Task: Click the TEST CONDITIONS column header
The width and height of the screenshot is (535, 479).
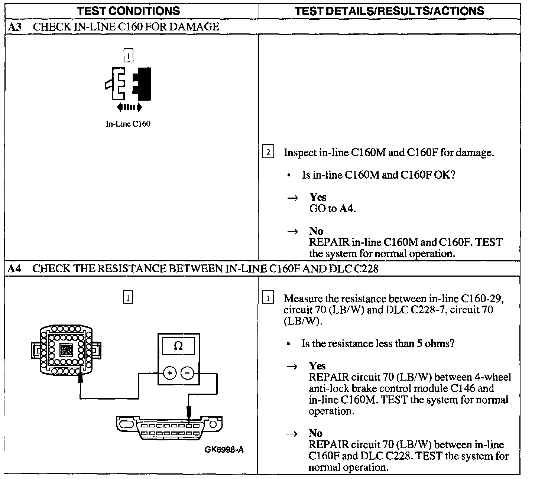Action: (x=129, y=11)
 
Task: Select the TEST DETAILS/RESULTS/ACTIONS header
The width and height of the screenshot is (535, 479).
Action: (x=389, y=11)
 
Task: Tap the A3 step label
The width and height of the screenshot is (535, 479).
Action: (x=14, y=27)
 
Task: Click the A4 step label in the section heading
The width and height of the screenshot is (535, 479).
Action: (x=14, y=268)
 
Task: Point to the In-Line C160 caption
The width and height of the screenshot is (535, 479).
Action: (x=128, y=124)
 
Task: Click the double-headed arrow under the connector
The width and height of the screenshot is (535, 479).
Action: (x=129, y=108)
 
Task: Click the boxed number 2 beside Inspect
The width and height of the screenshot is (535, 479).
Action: (x=268, y=152)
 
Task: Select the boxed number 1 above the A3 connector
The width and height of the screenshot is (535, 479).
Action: (x=128, y=56)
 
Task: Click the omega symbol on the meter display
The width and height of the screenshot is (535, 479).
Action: (x=178, y=346)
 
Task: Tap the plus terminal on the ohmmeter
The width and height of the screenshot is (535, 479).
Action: (x=169, y=373)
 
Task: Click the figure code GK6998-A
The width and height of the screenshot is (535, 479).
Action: (x=224, y=450)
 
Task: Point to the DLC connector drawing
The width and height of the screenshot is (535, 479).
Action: (x=169, y=428)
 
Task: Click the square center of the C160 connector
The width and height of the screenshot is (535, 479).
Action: (x=66, y=349)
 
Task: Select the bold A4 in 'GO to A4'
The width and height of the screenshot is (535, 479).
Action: (x=347, y=209)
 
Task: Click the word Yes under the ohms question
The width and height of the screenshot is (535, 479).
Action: (x=317, y=366)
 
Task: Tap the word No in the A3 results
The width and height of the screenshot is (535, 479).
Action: (x=316, y=231)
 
